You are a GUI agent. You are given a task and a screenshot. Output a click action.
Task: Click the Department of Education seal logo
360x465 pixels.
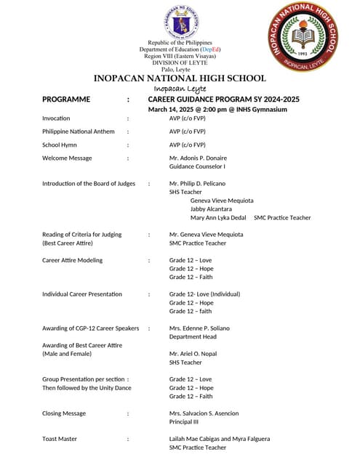pos(181,23)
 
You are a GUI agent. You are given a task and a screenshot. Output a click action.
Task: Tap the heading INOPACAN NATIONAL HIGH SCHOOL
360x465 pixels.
pos(180,78)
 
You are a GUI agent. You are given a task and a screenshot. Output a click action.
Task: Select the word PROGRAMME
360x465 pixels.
pos(66,100)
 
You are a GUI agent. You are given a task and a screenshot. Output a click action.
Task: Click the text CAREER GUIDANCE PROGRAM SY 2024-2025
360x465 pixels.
pos(223,100)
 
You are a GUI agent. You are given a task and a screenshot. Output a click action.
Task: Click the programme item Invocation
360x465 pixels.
pos(56,118)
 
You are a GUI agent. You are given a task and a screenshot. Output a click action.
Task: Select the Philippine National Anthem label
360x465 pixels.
pos(78,132)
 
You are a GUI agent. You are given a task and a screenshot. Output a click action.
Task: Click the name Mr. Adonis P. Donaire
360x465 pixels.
pos(198,158)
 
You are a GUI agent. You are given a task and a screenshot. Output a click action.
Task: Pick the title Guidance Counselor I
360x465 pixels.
pos(198,166)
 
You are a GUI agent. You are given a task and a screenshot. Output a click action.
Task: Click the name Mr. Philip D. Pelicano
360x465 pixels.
pos(197,184)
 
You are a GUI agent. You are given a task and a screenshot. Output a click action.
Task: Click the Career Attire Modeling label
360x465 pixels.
pos(72,260)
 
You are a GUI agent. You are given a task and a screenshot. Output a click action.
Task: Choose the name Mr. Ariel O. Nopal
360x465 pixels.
pos(193,354)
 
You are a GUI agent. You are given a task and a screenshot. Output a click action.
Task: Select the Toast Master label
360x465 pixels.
pos(60,439)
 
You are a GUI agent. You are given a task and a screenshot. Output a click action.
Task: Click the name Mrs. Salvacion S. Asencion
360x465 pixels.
pos(204,413)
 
